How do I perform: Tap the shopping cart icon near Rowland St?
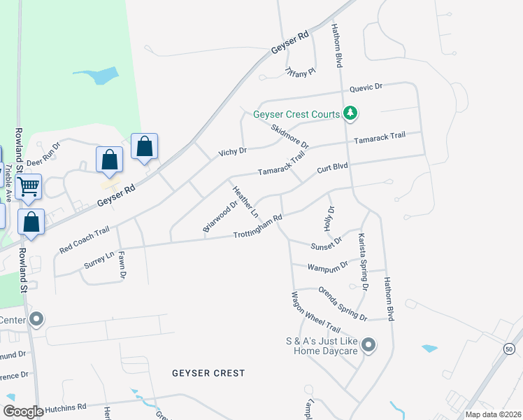29,187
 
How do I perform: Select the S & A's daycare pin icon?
369,344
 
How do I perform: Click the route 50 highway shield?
509,348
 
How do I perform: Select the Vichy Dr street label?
233,151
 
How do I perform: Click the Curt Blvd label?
332,169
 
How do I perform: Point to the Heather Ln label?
245,201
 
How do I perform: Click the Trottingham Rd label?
257,227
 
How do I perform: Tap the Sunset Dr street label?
327,242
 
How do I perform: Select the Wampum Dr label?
329,265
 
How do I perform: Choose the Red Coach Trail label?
85,239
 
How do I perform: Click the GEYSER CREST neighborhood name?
208,373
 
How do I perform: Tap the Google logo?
23,412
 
